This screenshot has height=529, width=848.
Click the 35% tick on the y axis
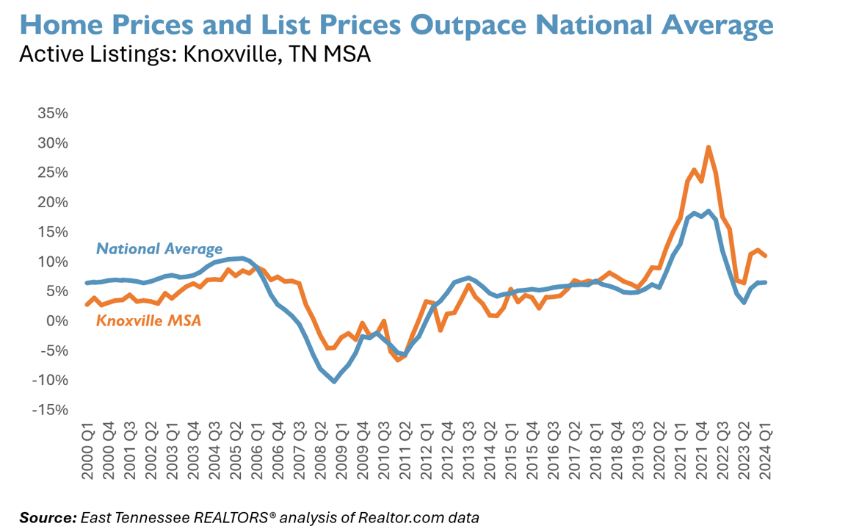coord(53,114)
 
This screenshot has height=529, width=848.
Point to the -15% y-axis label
coord(50,410)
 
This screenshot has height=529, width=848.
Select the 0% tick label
coord(58,321)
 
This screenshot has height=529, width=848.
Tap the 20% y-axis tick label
coord(53,203)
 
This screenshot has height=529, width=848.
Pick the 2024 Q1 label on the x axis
coord(766,452)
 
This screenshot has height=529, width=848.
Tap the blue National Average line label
coord(159,249)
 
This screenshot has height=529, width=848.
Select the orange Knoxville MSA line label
coord(148,320)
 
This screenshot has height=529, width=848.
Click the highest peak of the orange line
coord(708,147)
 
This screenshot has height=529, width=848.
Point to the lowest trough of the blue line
coord(334,381)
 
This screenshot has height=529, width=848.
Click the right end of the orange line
coord(766,256)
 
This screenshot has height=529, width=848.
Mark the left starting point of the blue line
coord(87,283)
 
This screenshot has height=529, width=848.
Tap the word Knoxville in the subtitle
coord(213,54)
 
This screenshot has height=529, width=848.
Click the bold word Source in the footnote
coord(47,517)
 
